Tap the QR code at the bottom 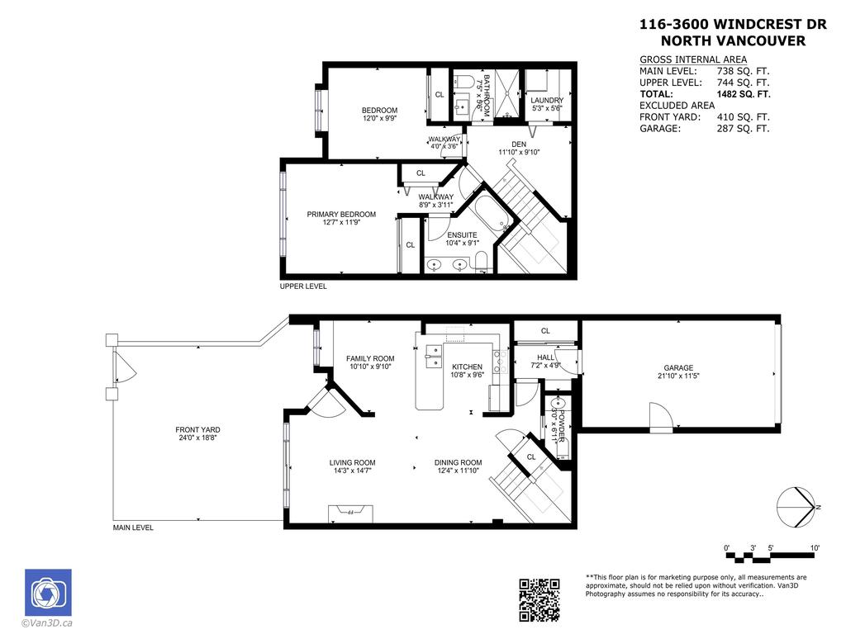(539, 600)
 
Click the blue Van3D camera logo (48, 593)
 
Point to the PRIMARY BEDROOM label (341, 215)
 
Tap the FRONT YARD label (197, 430)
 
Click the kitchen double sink (433, 357)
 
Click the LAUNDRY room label (547, 101)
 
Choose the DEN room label (519, 144)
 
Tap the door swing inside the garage (661, 417)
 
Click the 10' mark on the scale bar (815, 548)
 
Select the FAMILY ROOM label (369, 358)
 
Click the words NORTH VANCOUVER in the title (733, 41)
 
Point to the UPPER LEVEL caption (303, 286)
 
